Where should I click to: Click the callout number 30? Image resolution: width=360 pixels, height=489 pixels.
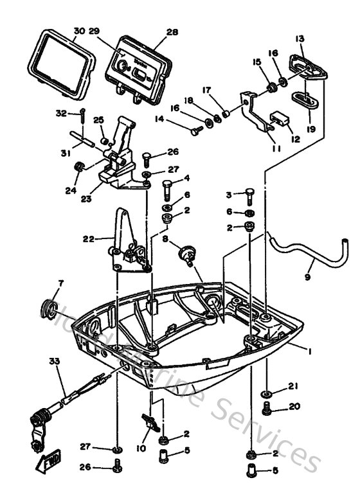[x=78, y=31]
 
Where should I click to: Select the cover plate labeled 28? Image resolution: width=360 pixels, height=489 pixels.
[x=141, y=67]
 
